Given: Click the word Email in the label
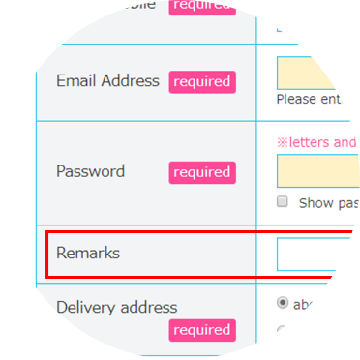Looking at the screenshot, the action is pyautogui.click(x=77, y=81).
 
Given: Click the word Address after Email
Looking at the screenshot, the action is pyautogui.click(x=130, y=81).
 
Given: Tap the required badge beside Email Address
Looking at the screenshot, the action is pyautogui.click(x=200, y=82).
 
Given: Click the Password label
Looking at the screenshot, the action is pyautogui.click(x=90, y=172).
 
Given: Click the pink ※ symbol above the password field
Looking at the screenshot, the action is pyautogui.click(x=283, y=142).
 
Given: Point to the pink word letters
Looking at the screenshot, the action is pyautogui.click(x=311, y=142).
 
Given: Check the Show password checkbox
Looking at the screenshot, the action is pyautogui.click(x=283, y=202).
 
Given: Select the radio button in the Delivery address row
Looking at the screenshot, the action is pyautogui.click(x=283, y=303).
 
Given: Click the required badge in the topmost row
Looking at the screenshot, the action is pyautogui.click(x=200, y=5).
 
